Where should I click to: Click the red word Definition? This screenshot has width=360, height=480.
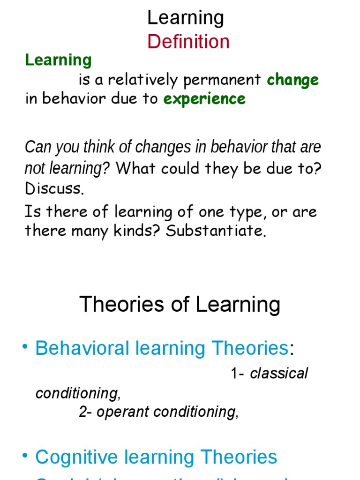188,42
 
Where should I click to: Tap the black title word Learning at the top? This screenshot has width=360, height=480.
186,18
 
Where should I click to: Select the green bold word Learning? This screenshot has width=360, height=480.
58,60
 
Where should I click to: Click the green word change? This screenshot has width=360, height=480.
292,80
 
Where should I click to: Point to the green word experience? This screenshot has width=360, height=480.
204,99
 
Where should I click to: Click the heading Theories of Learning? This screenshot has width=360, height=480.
180,305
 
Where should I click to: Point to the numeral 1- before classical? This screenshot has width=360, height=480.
238,374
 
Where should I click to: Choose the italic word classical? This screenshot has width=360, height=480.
279,374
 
